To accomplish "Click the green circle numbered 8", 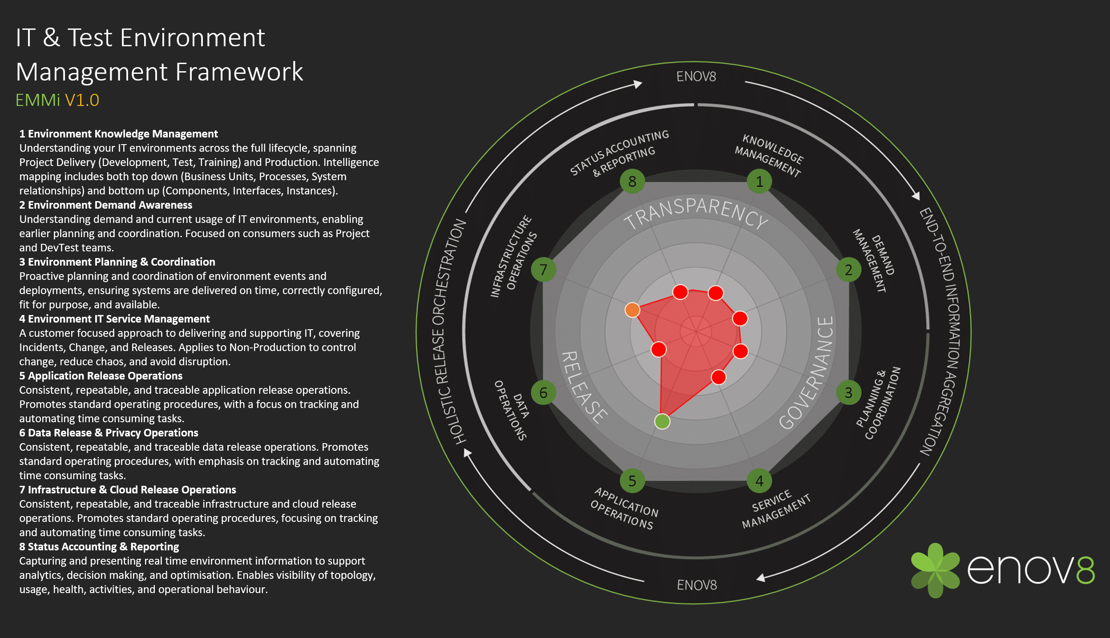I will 632,181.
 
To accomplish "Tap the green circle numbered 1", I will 759,181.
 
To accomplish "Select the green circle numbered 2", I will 848,270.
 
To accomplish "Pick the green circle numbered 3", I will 848,392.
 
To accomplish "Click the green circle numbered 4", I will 759,481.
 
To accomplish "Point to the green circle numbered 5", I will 632,481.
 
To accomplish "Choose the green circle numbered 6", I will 543,392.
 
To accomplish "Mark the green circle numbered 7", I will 543,270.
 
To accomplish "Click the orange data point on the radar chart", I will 632,310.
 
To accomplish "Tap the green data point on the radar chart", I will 662,421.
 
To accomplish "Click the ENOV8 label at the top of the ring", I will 696,77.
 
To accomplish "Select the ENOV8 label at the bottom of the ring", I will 697,585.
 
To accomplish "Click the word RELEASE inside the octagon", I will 583,387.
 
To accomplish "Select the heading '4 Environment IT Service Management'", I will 114,319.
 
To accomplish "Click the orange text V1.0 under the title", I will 82,100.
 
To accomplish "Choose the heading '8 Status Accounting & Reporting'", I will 99,547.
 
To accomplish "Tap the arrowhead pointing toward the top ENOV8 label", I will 638,84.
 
